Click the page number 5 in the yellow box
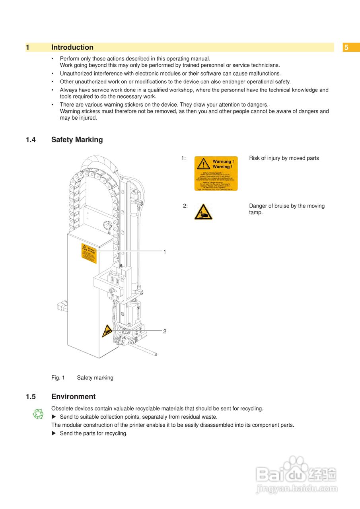point(346,48)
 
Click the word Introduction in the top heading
point(72,47)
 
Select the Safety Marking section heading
point(77,140)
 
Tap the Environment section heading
point(73,396)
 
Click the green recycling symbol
point(38,414)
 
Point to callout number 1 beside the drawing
point(165,252)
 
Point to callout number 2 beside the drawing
point(165,331)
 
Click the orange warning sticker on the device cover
point(89,253)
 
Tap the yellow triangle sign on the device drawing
point(107,331)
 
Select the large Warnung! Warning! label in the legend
point(216,173)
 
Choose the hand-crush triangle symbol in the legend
point(203,212)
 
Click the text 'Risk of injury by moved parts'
point(284,158)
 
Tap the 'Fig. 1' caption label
point(58,378)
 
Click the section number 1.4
point(31,140)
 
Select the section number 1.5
point(31,396)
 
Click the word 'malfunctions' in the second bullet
point(265,74)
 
